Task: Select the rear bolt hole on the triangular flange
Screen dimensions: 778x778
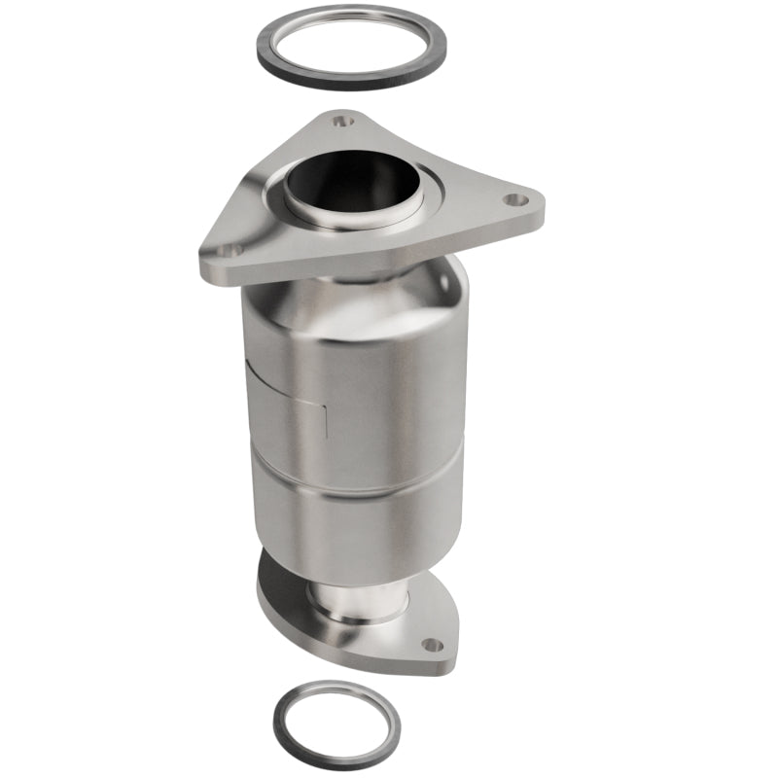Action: tap(337, 123)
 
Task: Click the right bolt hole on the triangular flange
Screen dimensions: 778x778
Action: tap(515, 200)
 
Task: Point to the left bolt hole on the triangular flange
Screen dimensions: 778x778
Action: tap(230, 250)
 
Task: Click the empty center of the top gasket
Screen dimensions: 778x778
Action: tap(351, 44)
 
